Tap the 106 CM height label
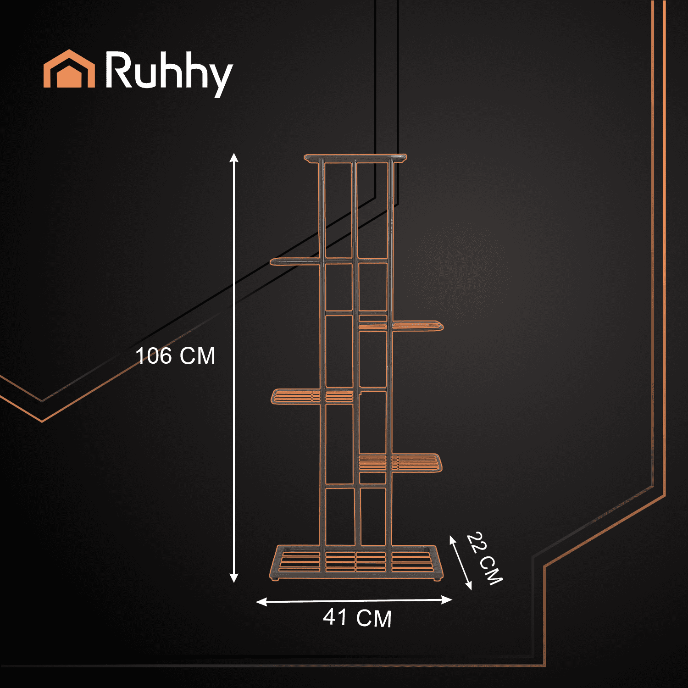click(x=175, y=356)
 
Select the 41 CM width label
click(x=357, y=618)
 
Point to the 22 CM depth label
click(x=485, y=559)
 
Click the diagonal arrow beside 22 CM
click(x=460, y=562)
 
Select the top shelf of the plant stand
click(x=355, y=158)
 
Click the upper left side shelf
click(x=294, y=261)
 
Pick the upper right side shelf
click(x=417, y=326)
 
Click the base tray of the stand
click(x=355, y=562)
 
